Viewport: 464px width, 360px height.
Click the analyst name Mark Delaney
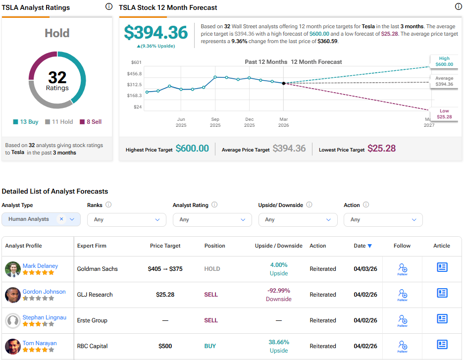40,266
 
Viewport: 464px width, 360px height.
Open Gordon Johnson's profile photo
12,295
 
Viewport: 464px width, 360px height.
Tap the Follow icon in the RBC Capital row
402,345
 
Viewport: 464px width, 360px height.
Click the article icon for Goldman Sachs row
442,267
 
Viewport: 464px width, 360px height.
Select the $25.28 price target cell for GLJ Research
165,295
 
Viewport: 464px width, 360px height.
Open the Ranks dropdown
127,219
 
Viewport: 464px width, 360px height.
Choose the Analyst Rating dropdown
212,219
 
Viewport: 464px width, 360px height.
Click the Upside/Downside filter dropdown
298,219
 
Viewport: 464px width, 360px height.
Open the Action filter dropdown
383,219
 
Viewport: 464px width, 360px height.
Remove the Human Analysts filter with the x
61,219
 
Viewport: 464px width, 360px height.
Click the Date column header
360,246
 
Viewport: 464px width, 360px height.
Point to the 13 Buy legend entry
26,122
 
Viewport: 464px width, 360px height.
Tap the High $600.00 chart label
444,61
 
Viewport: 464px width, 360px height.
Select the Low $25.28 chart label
444,113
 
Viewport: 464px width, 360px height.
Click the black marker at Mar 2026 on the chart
284,83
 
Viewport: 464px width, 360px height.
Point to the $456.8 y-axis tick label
135,74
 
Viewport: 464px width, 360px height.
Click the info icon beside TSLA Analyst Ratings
108,7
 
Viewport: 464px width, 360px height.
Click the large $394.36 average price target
156,33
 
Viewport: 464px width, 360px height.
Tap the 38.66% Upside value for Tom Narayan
279,346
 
